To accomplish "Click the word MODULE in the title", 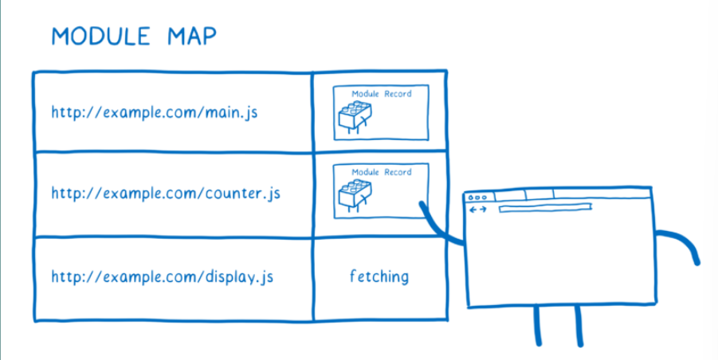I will point(100,36).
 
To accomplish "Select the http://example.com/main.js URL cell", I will point(155,113).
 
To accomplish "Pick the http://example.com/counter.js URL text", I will point(165,194).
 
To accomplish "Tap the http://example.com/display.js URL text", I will point(163,277).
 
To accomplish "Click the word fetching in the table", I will point(379,276).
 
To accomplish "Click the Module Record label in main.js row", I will point(382,94).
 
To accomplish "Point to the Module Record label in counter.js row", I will point(382,172).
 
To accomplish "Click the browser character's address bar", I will point(545,209).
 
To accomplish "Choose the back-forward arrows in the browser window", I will point(478,209).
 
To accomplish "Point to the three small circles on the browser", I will point(477,197).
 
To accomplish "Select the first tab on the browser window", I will point(510,195).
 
